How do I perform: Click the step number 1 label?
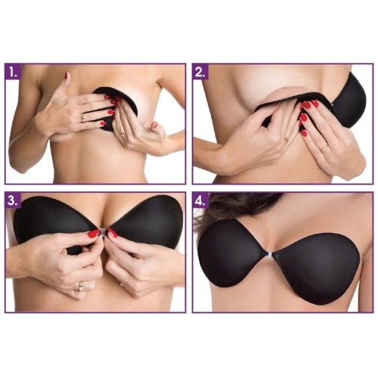[13, 73]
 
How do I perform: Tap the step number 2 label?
[201, 73]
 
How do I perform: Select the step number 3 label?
[13, 201]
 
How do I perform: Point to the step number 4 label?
[201, 201]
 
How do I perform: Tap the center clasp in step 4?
[269, 256]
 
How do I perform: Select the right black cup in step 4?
[312, 270]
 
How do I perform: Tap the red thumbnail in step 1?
[67, 75]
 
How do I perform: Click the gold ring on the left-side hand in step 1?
[83, 117]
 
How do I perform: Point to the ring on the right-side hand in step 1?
[122, 133]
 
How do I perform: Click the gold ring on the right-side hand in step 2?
[324, 148]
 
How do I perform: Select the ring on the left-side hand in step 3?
[81, 286]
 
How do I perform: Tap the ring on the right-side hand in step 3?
[122, 283]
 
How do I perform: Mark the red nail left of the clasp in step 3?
[94, 234]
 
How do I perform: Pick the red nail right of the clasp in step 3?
[113, 233]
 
